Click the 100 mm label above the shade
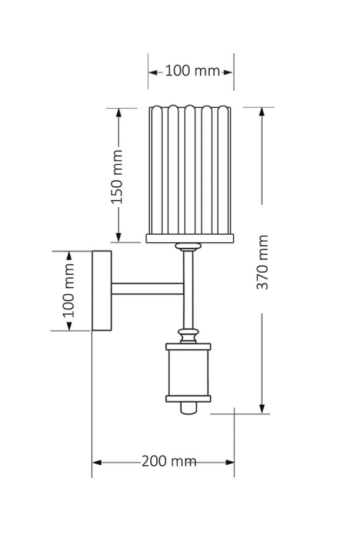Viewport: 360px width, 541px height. click(x=192, y=71)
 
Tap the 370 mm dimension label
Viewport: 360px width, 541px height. click(x=262, y=262)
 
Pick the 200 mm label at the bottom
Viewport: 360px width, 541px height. click(x=169, y=461)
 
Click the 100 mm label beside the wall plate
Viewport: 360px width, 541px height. click(x=69, y=291)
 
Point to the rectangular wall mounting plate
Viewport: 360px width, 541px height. click(x=102, y=291)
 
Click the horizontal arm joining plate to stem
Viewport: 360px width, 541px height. click(x=148, y=289)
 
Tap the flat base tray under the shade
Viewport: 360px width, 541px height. click(x=190, y=238)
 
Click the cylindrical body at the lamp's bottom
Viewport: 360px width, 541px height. click(x=188, y=373)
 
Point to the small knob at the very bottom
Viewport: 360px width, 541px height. click(x=188, y=408)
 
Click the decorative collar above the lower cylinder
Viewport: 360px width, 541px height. click(x=188, y=335)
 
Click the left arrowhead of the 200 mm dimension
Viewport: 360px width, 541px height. click(x=97, y=462)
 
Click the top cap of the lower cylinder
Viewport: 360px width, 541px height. click(x=188, y=346)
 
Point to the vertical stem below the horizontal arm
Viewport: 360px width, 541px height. click(x=188, y=311)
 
